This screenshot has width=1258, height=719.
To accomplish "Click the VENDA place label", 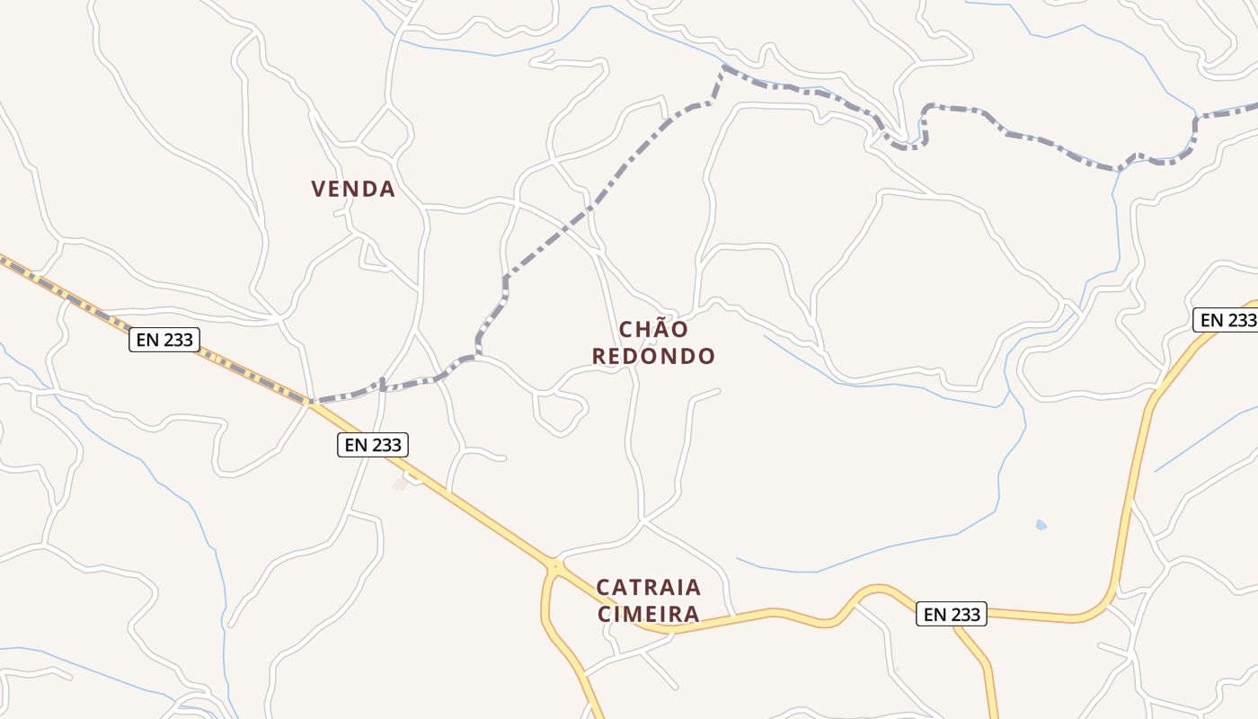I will coord(353,189).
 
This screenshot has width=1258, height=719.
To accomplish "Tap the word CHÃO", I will coord(653,330).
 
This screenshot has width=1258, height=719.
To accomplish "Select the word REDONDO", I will coord(653,356).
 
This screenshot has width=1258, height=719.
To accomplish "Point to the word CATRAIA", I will coord(649,588).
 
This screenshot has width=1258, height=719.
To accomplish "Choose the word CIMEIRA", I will coord(649,615).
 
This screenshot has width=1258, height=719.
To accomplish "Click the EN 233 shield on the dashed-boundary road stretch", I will coord(164,340).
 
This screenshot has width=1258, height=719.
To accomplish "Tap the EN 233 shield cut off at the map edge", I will coord(1226,320).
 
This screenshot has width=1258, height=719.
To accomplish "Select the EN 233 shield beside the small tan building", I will coord(373,444).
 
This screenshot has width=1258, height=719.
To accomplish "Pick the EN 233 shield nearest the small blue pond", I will coord(952,615).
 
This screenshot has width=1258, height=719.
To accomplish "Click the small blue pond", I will coord(1041,524).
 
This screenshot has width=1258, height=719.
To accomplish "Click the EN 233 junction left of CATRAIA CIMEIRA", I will coord(555,567).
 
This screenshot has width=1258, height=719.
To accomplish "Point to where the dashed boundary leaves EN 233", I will coord(311,402).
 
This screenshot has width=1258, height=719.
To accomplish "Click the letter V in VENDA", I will coord(318,189).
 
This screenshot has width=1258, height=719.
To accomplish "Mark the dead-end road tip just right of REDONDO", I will coord(719,390).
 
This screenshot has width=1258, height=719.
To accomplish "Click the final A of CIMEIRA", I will coord(691,615).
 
